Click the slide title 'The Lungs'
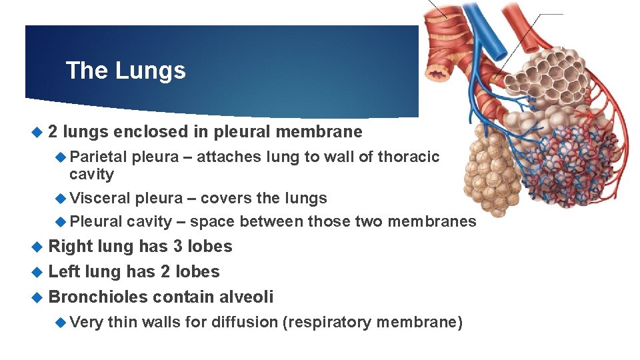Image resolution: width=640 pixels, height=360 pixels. [126, 70]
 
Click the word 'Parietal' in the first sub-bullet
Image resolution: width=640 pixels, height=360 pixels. [99, 157]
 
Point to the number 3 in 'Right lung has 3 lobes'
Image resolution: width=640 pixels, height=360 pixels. [178, 246]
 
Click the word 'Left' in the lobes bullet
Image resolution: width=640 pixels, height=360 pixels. [64, 271]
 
